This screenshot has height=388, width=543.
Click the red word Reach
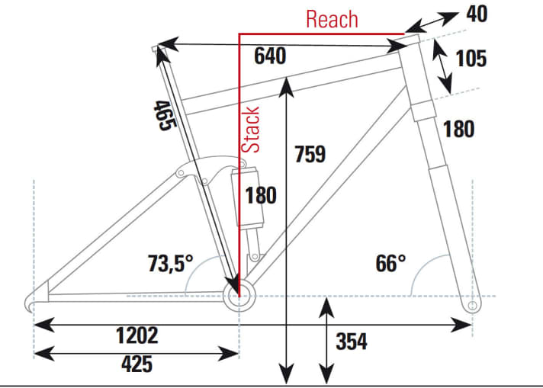click(x=332, y=18)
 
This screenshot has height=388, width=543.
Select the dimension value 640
click(x=270, y=56)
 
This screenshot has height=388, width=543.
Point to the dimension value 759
click(x=310, y=154)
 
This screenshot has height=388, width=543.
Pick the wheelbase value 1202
click(x=137, y=335)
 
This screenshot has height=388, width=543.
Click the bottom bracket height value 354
click(x=352, y=342)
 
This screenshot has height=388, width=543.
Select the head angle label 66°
click(x=390, y=264)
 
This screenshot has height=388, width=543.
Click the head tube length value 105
click(x=471, y=58)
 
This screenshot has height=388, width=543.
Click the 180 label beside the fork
click(x=458, y=129)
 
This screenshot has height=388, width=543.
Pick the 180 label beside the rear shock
click(x=261, y=196)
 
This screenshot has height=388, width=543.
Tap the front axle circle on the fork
click(x=472, y=306)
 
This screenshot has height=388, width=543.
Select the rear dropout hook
click(x=32, y=301)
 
